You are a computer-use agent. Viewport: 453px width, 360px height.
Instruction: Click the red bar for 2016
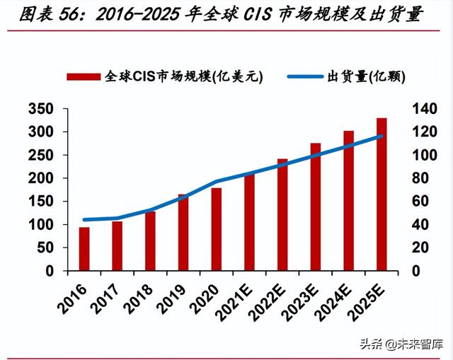coord(84,249)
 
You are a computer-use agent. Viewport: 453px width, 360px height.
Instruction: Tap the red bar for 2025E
coord(382,194)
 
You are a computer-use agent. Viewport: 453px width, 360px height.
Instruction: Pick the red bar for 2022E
coord(282,215)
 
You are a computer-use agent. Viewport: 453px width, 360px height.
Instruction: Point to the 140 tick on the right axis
coord(417,109)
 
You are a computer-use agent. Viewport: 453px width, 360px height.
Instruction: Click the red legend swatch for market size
coord(84,77)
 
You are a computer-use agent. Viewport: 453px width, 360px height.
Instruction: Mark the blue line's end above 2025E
coord(382,136)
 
